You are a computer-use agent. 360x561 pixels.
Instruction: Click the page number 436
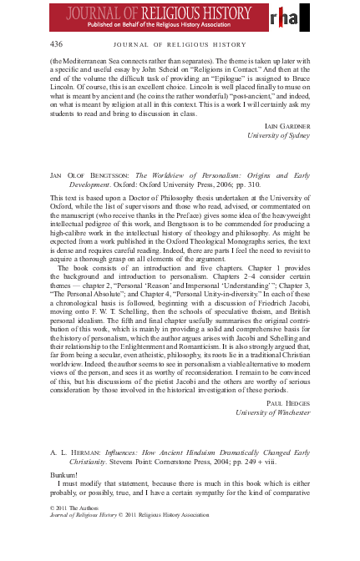[57, 43]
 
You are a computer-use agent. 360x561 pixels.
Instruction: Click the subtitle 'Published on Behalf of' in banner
[129, 25]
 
